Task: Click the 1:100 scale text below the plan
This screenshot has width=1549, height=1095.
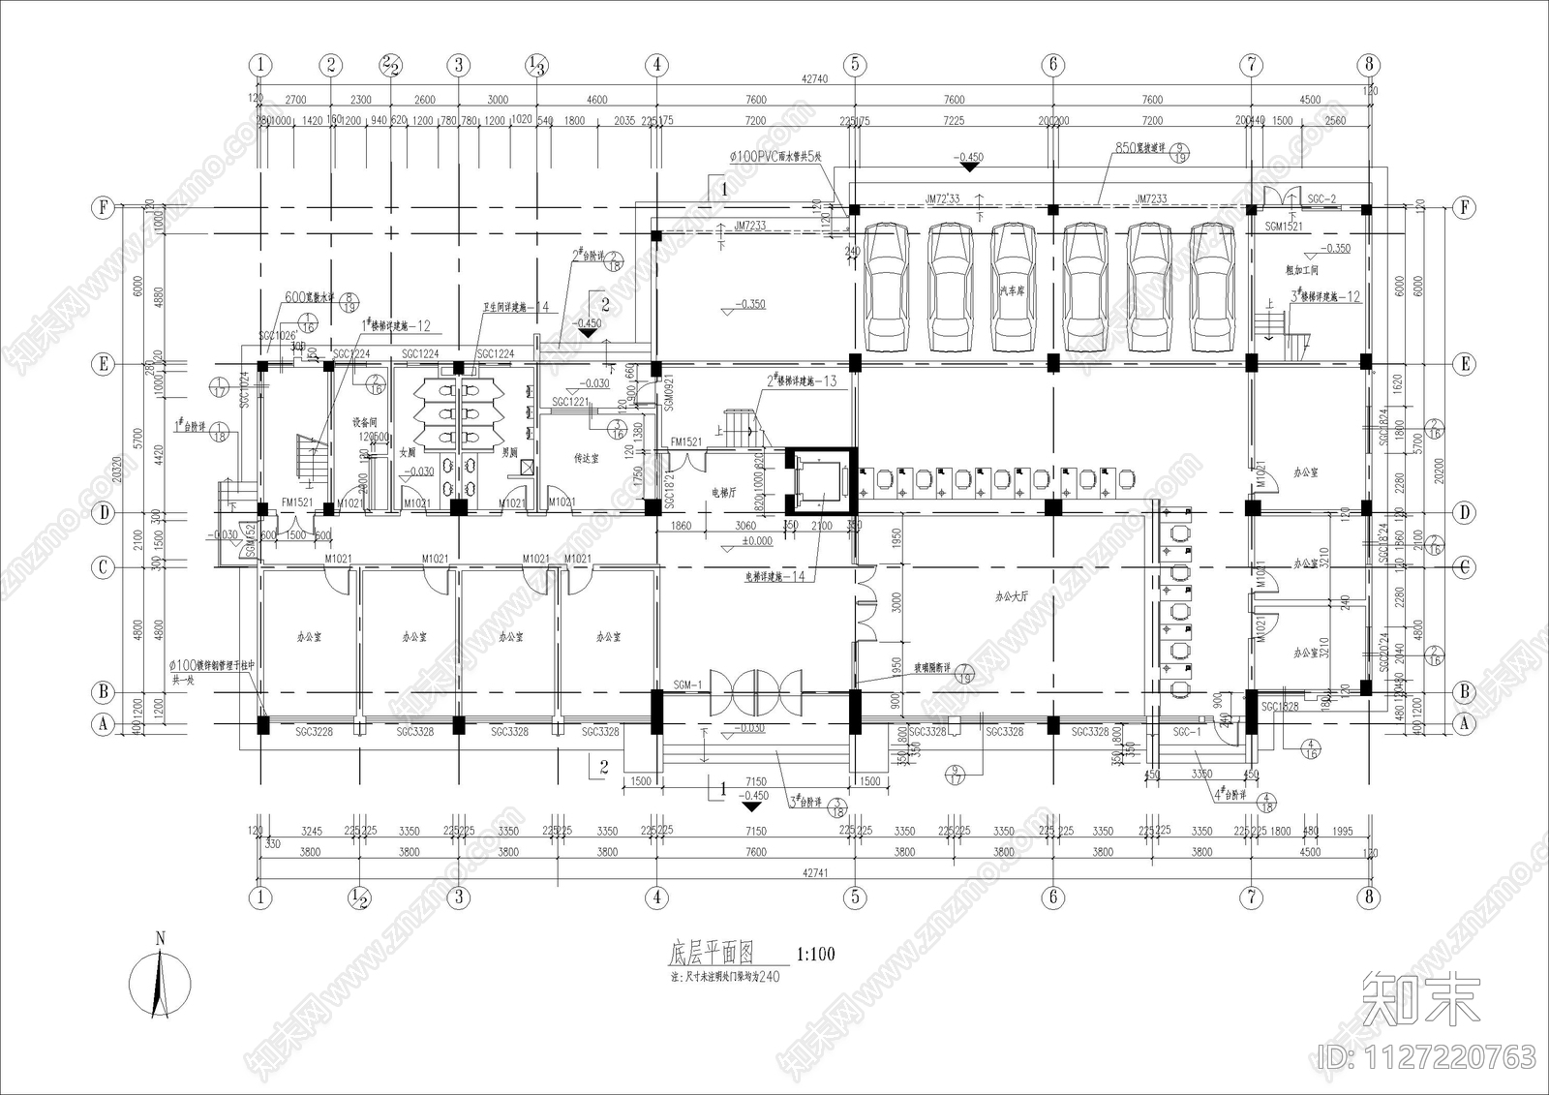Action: click(814, 955)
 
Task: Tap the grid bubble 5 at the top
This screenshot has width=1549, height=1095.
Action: click(855, 65)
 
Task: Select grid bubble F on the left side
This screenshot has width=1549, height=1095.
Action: click(103, 208)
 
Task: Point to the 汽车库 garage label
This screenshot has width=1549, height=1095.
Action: click(1013, 290)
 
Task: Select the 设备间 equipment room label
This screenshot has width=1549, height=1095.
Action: click(365, 422)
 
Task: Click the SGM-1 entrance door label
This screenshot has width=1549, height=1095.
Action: click(687, 685)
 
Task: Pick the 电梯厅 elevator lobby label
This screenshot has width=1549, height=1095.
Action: click(724, 493)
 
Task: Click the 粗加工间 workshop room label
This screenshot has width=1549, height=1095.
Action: click(1302, 270)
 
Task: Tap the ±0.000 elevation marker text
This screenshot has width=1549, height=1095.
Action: click(758, 541)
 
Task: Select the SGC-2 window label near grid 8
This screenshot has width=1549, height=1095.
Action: click(1321, 198)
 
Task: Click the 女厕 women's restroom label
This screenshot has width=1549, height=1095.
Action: click(408, 452)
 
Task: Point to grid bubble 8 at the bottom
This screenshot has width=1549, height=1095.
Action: click(1368, 897)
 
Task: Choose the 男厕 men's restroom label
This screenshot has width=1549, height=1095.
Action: click(508, 452)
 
